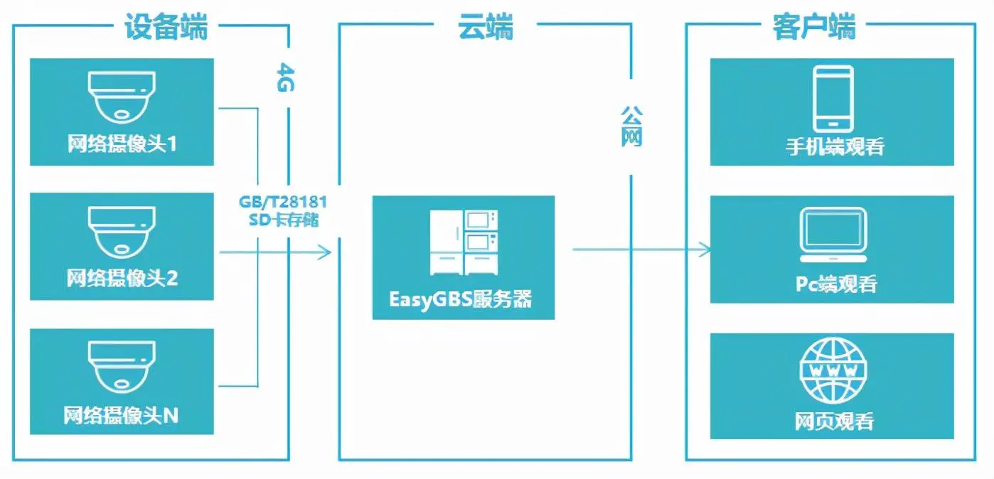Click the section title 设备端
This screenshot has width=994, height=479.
click(166, 28)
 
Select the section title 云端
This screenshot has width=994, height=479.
click(486, 28)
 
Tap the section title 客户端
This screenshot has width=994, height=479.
click(814, 28)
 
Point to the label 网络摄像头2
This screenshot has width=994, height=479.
click(122, 278)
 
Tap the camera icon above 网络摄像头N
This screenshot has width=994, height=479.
click(122, 367)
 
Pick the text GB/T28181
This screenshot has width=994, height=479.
click(282, 201)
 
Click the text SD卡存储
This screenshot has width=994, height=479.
click(282, 220)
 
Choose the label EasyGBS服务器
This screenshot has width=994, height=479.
click(461, 298)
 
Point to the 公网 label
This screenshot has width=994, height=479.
click(631, 126)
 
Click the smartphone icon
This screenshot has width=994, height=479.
click(833, 98)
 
